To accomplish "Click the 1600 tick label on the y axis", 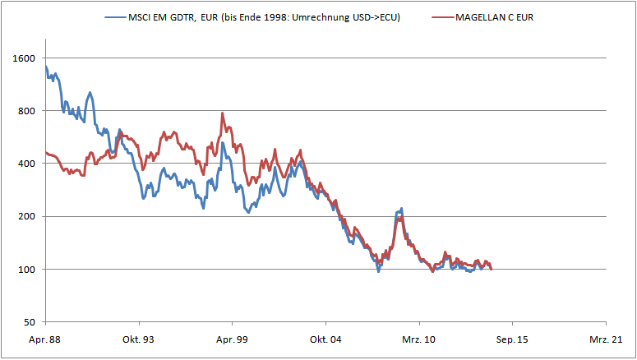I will [x=24, y=58].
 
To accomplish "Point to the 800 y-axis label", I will [x=26, y=111].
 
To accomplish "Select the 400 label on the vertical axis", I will [x=26, y=164].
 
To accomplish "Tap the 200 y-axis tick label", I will [x=26, y=216].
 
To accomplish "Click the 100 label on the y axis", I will [x=26, y=270].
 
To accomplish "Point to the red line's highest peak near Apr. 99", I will [x=223, y=113].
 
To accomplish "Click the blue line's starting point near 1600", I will [x=46, y=67].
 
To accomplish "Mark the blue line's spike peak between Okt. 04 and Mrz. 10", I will [x=401, y=209].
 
